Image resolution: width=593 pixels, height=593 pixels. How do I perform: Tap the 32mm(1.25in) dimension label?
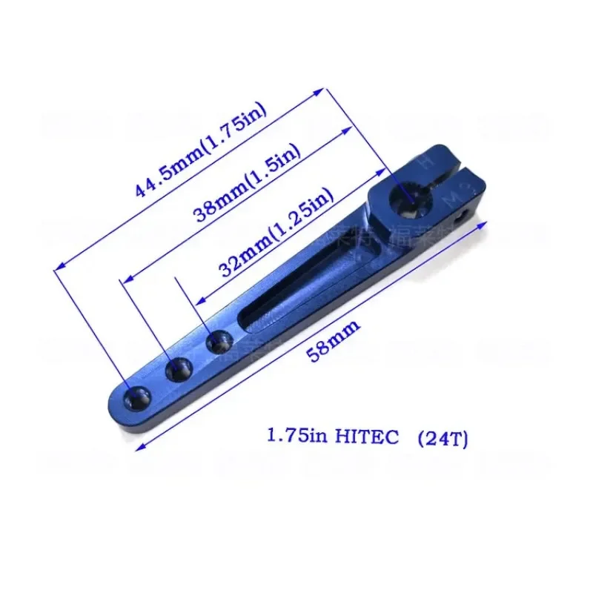pyautogui.click(x=276, y=232)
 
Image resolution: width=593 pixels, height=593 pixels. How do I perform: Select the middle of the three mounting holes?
pyautogui.click(x=179, y=369)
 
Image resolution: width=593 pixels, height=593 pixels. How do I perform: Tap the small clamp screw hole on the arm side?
pyautogui.click(x=465, y=214)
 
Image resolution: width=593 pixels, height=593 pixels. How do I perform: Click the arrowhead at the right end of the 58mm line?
pyautogui.click(x=491, y=220)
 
